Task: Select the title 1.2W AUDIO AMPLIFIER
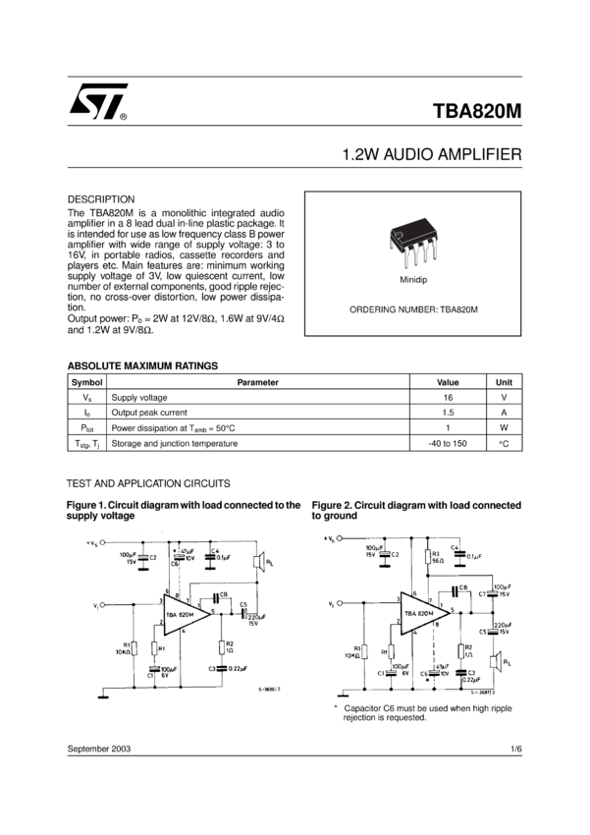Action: (431, 156)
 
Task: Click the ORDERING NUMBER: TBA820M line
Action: (413, 309)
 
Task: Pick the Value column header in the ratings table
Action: (448, 382)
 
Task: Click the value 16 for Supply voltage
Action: (448, 398)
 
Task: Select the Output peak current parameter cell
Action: (149, 413)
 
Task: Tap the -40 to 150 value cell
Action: (448, 443)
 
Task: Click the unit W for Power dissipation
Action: (504, 428)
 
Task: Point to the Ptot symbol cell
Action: (87, 428)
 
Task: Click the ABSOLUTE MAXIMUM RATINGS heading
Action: (142, 365)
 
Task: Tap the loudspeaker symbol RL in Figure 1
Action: (257, 563)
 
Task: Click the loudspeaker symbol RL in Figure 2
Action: (497, 660)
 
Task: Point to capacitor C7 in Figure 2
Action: (484, 592)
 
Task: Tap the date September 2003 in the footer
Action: (99, 749)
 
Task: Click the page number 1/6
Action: (515, 749)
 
